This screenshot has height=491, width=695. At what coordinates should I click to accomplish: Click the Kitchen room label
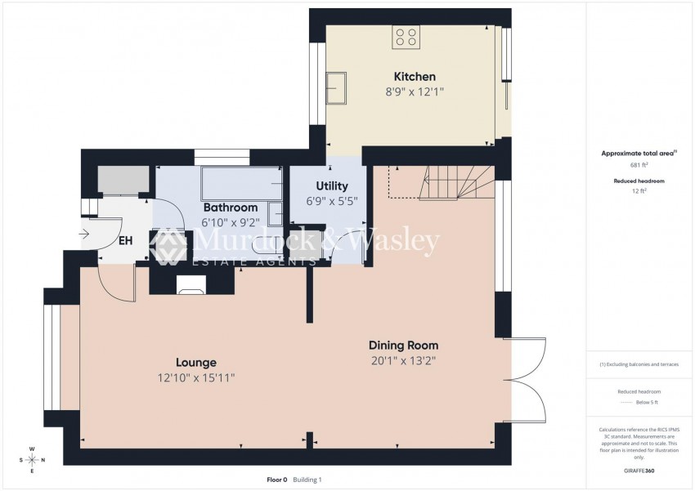tap(415, 77)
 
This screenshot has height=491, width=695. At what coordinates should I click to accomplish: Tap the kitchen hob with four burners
tap(406, 37)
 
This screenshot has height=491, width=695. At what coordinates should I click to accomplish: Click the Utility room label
tap(326, 186)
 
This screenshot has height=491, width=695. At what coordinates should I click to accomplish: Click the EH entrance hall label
tap(126, 240)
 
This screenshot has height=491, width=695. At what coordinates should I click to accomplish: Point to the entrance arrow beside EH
tap(87, 234)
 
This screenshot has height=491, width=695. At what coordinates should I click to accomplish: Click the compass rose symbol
tap(32, 460)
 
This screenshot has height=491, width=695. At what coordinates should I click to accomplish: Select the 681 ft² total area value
tap(627, 165)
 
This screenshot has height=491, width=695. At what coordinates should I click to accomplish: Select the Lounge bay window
tap(52, 359)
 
